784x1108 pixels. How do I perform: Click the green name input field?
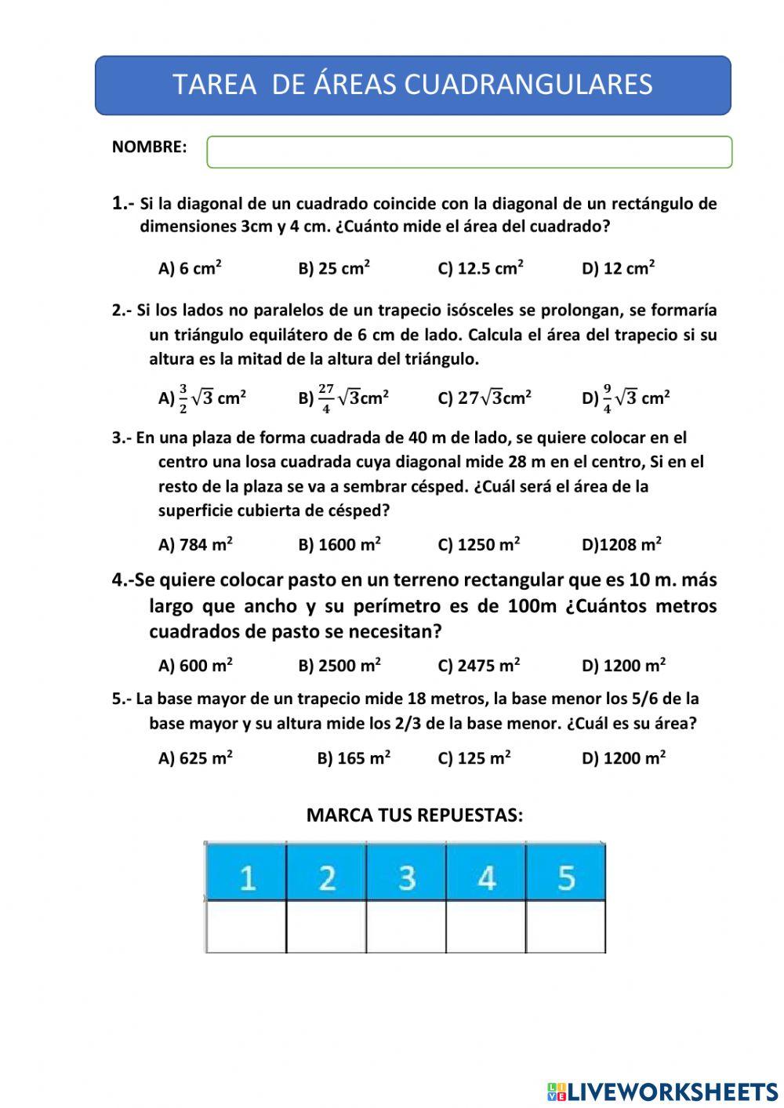point(469,152)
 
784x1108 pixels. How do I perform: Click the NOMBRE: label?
point(150,147)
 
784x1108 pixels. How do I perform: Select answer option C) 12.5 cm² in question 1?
point(480,268)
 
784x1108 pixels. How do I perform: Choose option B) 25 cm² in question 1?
point(334,268)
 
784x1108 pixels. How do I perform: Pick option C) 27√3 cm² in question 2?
point(484,398)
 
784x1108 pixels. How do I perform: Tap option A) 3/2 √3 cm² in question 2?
point(202,398)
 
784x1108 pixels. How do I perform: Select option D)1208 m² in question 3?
point(621,544)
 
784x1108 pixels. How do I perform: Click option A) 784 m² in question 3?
point(195,544)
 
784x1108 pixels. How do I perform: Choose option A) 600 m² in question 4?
point(195,666)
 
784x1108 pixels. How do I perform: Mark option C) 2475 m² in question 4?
point(478,666)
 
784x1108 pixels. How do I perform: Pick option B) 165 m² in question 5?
point(354,758)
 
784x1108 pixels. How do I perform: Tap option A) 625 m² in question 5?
point(195,758)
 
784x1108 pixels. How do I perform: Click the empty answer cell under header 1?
point(246,927)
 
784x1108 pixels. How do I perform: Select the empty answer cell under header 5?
point(566,927)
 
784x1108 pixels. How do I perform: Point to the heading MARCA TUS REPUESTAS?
point(414,816)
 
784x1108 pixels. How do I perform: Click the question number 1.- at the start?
point(124,204)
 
